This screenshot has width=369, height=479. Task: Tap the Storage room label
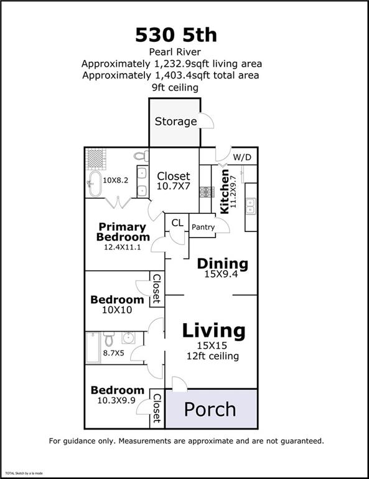pos(175,122)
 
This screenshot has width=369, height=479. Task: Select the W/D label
pos(243,157)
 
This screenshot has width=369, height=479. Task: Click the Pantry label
pos(203,227)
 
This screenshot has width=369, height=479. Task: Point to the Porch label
pos(210,409)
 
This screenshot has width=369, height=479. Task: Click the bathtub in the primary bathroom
pos(96,185)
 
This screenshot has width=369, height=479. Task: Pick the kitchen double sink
pos(251,205)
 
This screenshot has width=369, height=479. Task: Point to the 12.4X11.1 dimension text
pos(123,247)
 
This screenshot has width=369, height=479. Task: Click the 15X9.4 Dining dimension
pos(222,274)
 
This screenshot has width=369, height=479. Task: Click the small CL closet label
pos(177,223)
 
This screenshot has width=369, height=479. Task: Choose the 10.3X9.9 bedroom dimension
pos(117,401)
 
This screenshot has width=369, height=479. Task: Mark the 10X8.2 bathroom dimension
pos(116,180)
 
